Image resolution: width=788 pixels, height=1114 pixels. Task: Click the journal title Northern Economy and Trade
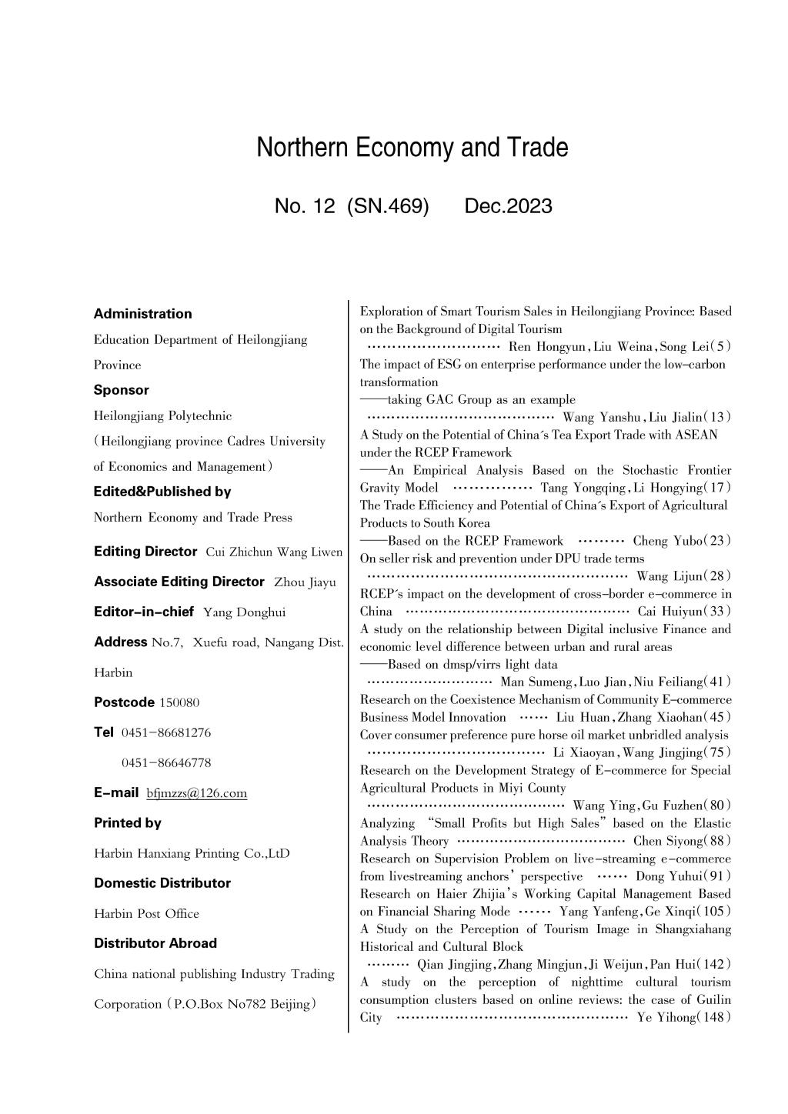[x=412, y=148]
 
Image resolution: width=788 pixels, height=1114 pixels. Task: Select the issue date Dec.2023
[x=508, y=206]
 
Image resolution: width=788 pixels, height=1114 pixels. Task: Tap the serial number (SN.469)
[x=388, y=206]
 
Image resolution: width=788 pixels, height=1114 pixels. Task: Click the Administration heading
[x=142, y=314]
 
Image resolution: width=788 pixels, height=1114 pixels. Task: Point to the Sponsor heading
[x=122, y=390]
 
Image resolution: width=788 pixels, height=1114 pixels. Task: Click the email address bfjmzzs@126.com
[x=196, y=793]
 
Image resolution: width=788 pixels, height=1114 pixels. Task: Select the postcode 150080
[x=179, y=702]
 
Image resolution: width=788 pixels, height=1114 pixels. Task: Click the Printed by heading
[x=128, y=823]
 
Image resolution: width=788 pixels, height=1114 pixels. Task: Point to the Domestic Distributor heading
[x=162, y=883]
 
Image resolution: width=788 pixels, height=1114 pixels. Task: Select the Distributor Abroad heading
[x=155, y=943]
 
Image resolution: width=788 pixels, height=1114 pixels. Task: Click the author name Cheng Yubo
[x=660, y=541]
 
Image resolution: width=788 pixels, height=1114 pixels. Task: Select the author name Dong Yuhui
[x=666, y=876]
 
